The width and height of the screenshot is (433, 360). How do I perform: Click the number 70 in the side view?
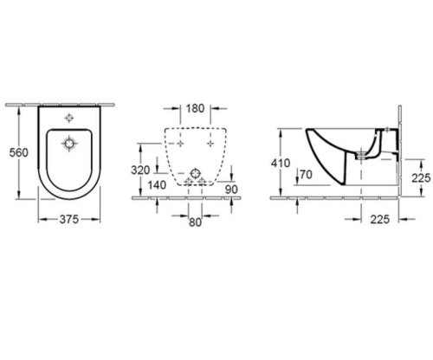pos(303,175)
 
